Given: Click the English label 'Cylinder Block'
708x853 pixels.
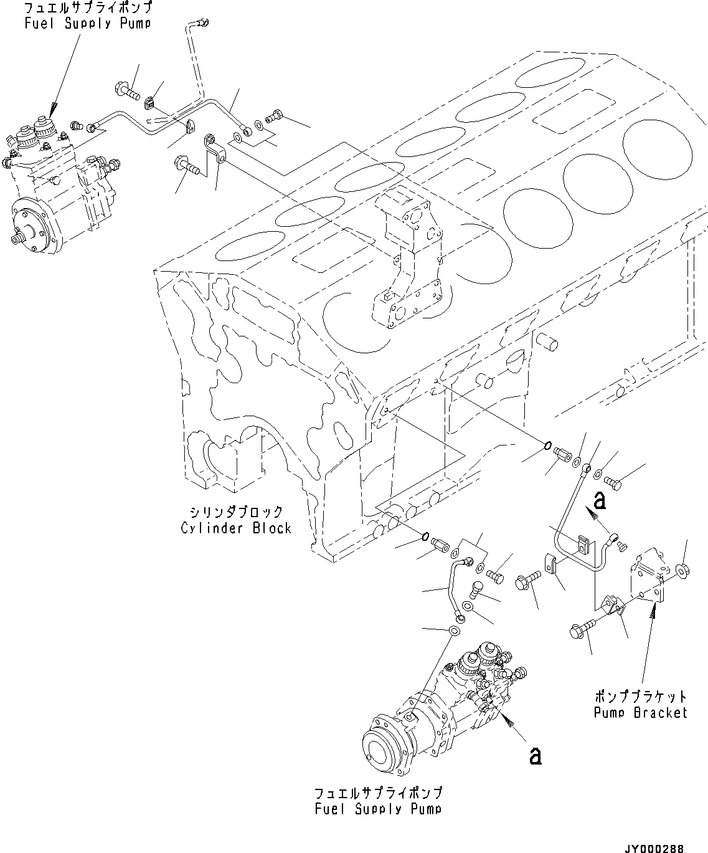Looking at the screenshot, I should click(236, 528).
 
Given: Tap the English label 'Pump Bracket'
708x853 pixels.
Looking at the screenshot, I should click(640, 712).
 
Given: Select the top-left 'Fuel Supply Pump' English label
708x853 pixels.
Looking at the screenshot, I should click(88, 23).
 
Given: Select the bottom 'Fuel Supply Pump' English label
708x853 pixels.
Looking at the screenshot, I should click(378, 809).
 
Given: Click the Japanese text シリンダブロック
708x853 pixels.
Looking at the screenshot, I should click(236, 512).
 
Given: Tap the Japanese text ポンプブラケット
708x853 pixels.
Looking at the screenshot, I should click(640, 696).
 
